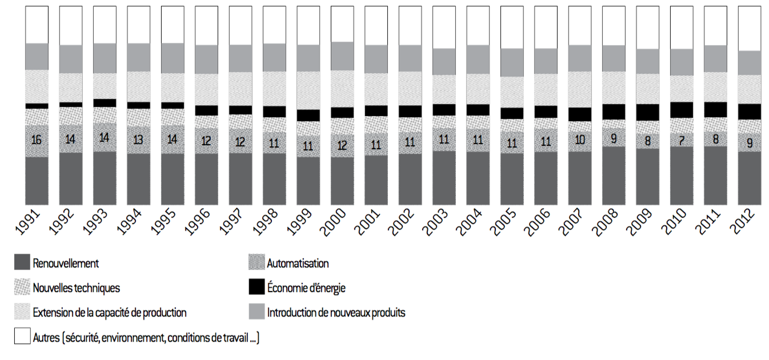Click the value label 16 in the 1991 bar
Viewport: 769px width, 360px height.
tap(37, 140)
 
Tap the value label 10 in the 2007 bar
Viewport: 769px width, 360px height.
tap(579, 139)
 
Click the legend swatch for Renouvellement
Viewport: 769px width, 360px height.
tap(22, 262)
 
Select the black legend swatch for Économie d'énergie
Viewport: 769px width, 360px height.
tap(257, 287)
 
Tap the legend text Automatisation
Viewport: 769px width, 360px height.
tap(298, 263)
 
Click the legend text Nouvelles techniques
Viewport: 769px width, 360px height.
tap(77, 288)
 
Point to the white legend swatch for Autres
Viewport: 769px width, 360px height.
tap(22, 337)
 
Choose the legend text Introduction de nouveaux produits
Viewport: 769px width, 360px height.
tap(336, 313)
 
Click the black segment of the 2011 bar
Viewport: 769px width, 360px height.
tap(715, 109)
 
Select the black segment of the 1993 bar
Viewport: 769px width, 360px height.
tap(105, 103)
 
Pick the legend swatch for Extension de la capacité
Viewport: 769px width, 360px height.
tap(22, 311)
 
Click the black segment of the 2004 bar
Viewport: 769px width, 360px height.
tap(478, 110)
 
